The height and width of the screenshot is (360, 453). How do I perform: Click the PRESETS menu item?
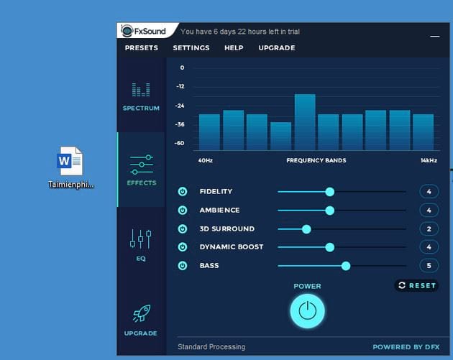click(141, 48)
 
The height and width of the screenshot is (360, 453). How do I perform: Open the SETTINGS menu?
click(191, 48)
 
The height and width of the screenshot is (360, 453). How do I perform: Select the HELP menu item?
click(234, 48)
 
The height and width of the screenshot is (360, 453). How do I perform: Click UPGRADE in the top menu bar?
click(277, 48)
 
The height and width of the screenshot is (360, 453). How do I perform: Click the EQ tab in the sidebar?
click(141, 244)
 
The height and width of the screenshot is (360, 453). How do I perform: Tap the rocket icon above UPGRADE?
click(141, 314)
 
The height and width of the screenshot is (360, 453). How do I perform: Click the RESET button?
click(416, 285)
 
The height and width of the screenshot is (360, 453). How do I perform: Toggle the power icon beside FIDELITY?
click(183, 192)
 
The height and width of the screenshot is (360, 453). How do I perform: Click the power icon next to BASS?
click(183, 266)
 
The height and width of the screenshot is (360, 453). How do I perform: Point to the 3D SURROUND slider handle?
click(306, 229)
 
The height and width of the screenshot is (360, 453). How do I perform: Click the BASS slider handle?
click(346, 266)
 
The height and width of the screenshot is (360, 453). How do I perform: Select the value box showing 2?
click(429, 229)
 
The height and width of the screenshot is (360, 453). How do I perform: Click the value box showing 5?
click(429, 266)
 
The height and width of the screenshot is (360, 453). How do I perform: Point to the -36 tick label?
click(180, 124)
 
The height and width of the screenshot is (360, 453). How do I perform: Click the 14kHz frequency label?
click(429, 160)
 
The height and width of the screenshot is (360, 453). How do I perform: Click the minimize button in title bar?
click(434, 34)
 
